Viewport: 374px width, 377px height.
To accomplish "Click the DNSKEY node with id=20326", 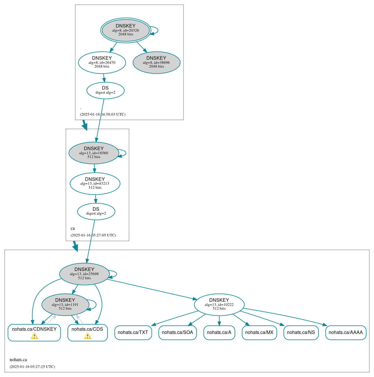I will (x=126, y=30).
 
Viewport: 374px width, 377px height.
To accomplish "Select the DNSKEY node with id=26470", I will (x=102, y=62).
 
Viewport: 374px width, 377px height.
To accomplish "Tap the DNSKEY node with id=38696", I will (x=156, y=62).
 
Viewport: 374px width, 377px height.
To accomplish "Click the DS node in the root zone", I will (x=105, y=90).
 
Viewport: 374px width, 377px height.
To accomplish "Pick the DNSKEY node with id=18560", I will (x=94, y=153).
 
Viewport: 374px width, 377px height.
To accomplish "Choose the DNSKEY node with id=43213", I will (x=95, y=184).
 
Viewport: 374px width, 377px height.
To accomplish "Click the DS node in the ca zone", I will (x=96, y=211).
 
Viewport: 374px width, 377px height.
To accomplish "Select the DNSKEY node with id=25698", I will (x=84, y=274).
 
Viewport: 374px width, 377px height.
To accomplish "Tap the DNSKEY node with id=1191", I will (x=65, y=304).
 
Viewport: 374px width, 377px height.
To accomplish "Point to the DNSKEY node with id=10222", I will (x=219, y=304).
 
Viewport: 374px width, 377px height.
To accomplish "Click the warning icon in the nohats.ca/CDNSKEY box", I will (x=34, y=336).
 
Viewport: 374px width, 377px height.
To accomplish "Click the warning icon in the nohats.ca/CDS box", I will (x=87, y=336).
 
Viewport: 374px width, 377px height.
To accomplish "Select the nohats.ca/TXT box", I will (x=133, y=333).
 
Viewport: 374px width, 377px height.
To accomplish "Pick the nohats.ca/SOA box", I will (x=177, y=333).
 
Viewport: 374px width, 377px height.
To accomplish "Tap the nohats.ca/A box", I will (x=219, y=333).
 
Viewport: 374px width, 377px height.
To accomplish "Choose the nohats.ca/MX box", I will (x=259, y=333).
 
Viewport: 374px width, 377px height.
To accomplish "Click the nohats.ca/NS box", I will (x=301, y=333).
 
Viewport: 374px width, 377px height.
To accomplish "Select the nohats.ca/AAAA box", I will (x=346, y=333).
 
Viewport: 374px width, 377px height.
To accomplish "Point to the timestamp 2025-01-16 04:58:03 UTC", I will (x=103, y=114).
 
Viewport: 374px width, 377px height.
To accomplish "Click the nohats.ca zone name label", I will (x=18, y=360).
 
